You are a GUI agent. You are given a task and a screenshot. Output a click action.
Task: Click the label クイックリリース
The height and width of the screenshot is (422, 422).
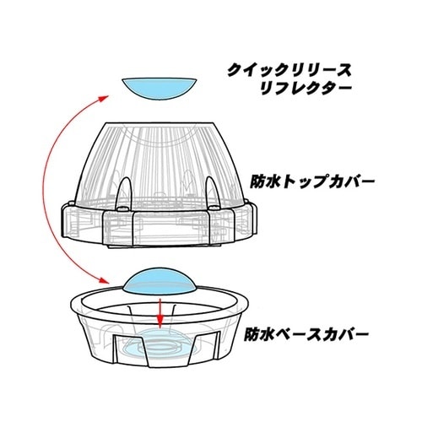click(289, 70)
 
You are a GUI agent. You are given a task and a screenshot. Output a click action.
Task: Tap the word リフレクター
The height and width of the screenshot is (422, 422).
click(306, 89)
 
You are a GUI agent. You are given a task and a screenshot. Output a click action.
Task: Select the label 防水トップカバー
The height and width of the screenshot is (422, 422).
click(312, 181)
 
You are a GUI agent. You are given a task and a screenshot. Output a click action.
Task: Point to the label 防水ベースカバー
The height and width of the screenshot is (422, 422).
click(306, 334)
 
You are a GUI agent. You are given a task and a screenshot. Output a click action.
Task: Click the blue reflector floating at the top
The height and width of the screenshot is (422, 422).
click(160, 88)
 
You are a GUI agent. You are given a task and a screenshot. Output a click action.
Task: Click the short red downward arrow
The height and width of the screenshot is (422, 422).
click(160, 314)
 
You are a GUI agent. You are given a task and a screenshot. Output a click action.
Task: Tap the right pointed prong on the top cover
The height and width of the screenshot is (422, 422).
click(213, 192)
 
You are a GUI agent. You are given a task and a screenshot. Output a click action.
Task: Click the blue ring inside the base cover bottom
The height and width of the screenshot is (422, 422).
click(160, 347)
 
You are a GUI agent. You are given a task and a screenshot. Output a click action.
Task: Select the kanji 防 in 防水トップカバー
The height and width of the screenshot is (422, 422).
click(257, 181)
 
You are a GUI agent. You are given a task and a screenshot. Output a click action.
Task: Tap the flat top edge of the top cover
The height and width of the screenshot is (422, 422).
click(160, 122)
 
